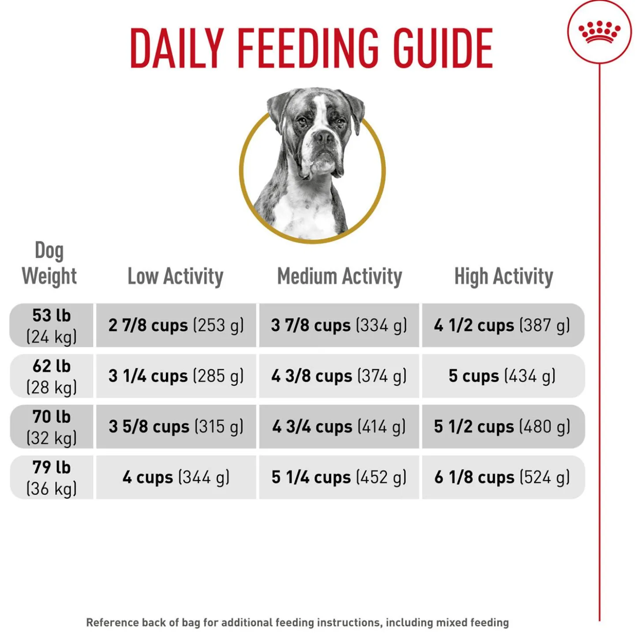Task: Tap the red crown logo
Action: [x=599, y=32]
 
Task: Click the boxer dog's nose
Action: [x=323, y=138]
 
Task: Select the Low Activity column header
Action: [x=175, y=277]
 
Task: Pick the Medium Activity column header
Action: [x=339, y=277]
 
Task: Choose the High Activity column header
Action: [x=503, y=277]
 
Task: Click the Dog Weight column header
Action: [x=49, y=264]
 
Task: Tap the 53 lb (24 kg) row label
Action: [x=52, y=326]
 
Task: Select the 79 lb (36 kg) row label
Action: [x=52, y=477]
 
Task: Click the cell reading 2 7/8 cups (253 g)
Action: [x=176, y=326]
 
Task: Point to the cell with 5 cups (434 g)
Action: [x=502, y=376]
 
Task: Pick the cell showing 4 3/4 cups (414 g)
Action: [x=339, y=427]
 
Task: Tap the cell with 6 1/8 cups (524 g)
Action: [x=502, y=477]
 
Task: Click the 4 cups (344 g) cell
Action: [x=176, y=477]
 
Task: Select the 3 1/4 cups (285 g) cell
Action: [x=176, y=376]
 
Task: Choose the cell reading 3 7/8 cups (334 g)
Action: [x=339, y=326]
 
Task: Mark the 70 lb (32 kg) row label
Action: [x=52, y=427]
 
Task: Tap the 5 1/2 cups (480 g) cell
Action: [x=502, y=427]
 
